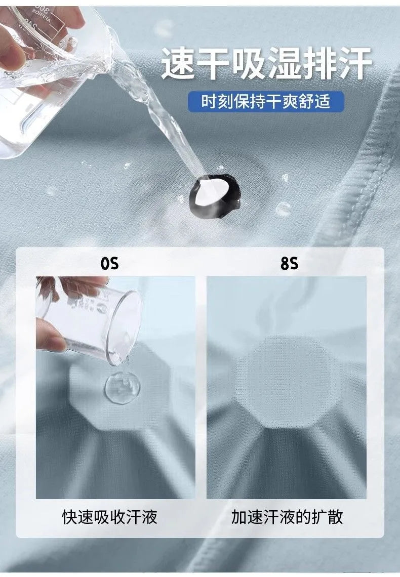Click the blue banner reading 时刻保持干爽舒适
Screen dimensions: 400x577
pyautogui.click(x=266, y=102)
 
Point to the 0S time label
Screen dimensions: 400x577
pyautogui.click(x=110, y=264)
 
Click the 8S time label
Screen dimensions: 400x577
pyautogui.click(x=289, y=264)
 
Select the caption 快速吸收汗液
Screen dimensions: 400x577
pyautogui.click(x=110, y=517)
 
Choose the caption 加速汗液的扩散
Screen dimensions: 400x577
pyautogui.click(x=287, y=517)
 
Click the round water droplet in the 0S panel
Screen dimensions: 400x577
pyautogui.click(x=123, y=387)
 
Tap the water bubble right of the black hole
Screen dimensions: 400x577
pyautogui.click(x=283, y=209)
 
